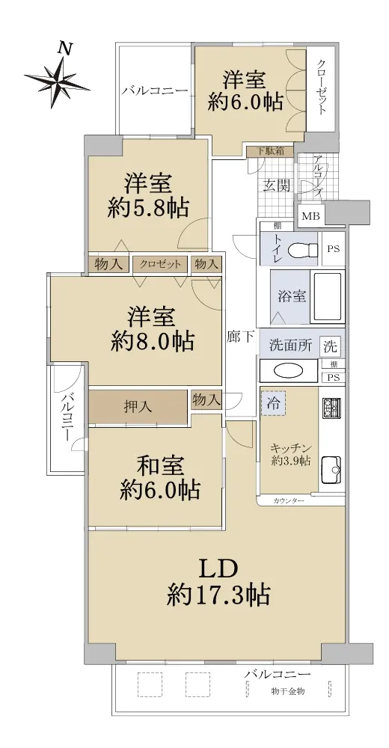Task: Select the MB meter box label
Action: pos(310,216)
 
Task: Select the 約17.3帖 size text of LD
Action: pos(219,595)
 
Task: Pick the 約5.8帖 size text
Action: pos(148,208)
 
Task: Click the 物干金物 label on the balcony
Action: pos(288,691)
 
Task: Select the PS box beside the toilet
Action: pos(333,248)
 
